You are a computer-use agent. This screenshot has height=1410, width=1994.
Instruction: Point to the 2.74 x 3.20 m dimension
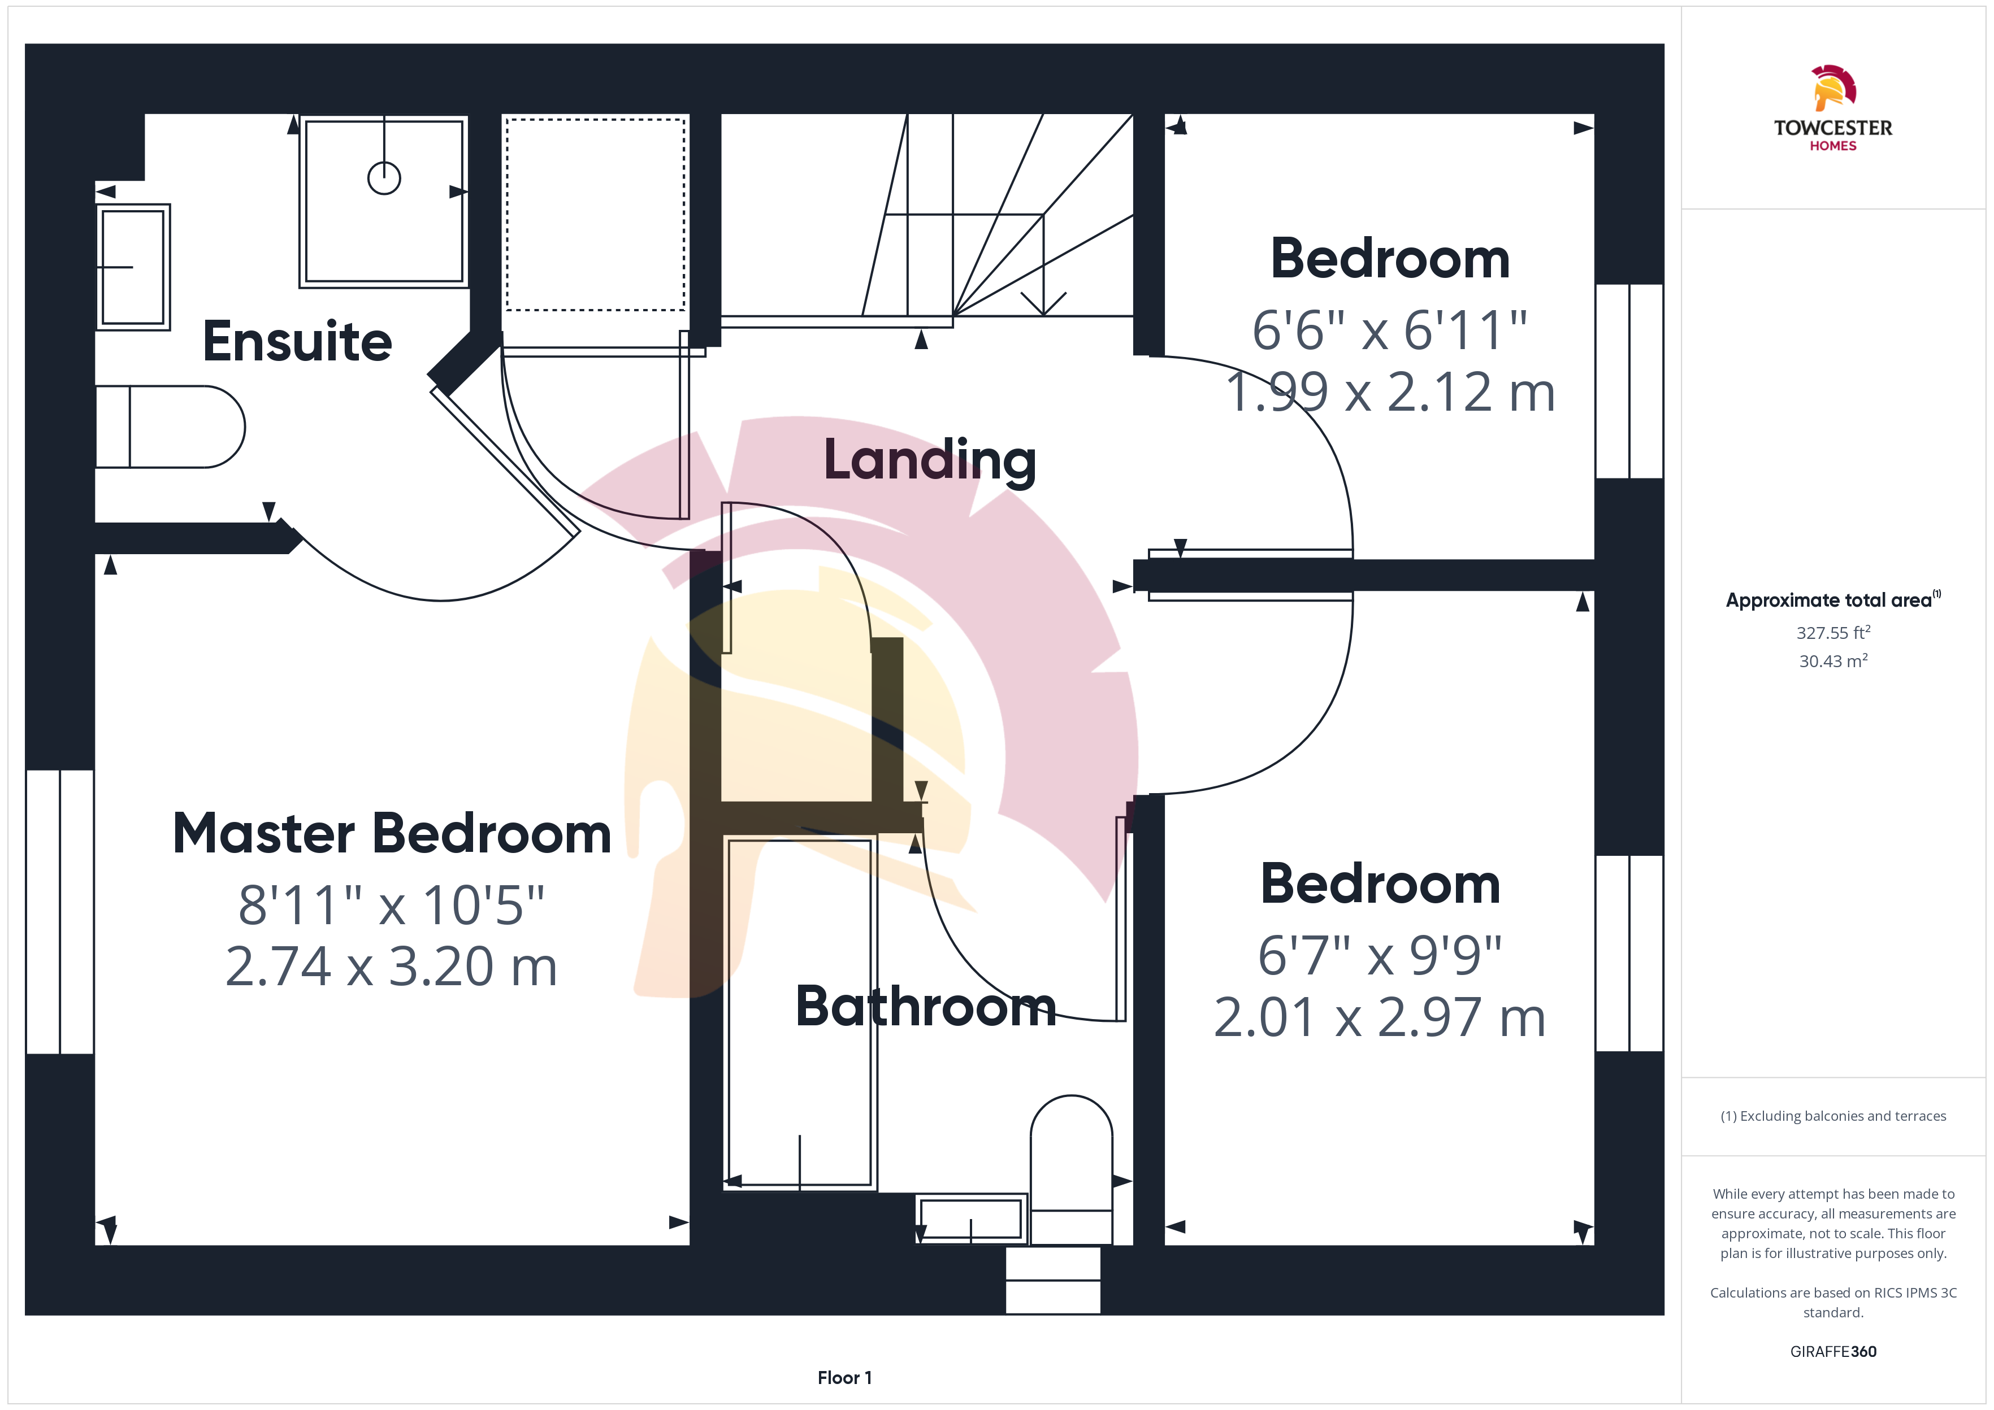[391, 967]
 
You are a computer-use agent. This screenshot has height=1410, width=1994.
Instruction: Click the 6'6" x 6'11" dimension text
[1390, 331]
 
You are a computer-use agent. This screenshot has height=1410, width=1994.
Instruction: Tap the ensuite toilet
[170, 427]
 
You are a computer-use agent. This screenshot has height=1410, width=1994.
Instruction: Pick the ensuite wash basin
[133, 267]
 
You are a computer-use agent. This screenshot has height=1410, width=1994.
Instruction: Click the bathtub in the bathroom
[800, 1012]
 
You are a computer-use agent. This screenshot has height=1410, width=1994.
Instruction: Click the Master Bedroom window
[60, 912]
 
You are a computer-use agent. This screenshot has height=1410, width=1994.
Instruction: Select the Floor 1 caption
[844, 1378]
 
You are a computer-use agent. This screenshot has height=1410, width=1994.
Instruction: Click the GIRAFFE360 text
[1833, 1351]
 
